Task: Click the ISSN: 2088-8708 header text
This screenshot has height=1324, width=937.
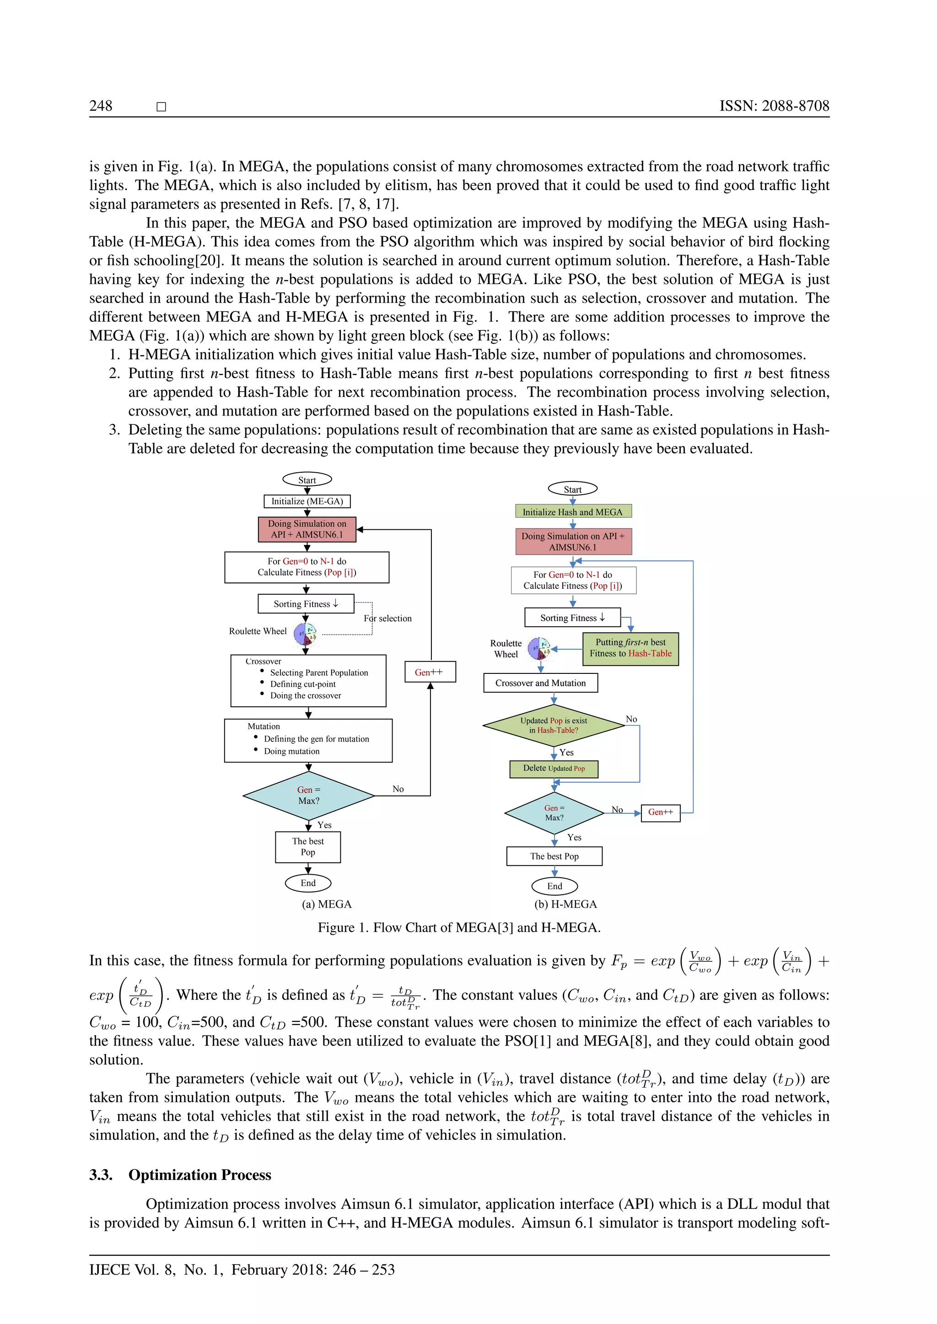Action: coord(774,106)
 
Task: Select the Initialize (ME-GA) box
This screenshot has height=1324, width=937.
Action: coord(307,501)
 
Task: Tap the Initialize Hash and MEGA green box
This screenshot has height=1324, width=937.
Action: coord(572,512)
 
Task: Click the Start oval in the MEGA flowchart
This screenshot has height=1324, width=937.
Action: coord(307,480)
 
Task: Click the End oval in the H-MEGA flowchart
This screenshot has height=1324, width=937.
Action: coord(555,886)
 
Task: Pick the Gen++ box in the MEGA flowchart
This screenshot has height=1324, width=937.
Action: coord(430,672)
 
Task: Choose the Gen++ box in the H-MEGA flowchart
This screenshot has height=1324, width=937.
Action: coord(661,812)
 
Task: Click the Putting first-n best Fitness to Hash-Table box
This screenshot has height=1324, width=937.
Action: coord(630,648)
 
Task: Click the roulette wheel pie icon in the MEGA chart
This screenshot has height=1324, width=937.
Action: coord(305,634)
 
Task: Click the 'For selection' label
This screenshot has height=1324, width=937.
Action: coord(388,618)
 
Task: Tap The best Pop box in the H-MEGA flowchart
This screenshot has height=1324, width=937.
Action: coord(554,856)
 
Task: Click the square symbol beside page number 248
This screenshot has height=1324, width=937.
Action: coord(162,107)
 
